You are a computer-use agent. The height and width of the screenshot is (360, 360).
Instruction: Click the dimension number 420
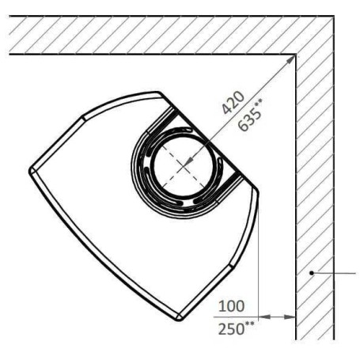[233, 103]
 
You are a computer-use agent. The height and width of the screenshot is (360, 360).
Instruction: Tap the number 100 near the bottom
[231, 306]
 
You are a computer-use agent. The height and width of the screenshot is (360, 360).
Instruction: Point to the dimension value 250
[231, 329]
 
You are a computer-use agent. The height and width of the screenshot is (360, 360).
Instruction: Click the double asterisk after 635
[259, 103]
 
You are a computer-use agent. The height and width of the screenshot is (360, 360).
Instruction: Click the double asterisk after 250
[250, 324]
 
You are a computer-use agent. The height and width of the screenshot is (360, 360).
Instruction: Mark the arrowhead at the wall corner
[290, 60]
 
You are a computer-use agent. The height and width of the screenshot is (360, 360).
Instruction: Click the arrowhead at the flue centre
[188, 162]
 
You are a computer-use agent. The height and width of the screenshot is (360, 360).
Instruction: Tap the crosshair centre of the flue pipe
[184, 166]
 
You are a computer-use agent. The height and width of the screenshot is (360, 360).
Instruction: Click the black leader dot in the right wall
[312, 273]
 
